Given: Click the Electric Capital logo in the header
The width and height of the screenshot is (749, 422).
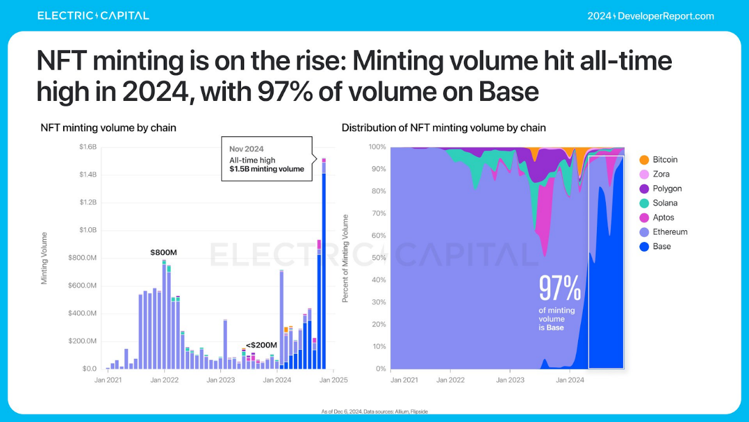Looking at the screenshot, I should coord(93,16).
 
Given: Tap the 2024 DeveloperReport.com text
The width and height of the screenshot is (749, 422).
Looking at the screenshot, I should coord(650,16).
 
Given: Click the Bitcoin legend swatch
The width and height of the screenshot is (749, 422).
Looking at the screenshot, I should coord(644,160).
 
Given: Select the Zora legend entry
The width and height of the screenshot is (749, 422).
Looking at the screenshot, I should coord(655,174).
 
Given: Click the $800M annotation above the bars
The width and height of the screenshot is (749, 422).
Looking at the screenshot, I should coord(163,253).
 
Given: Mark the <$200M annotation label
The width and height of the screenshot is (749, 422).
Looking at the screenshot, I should coord(261,345).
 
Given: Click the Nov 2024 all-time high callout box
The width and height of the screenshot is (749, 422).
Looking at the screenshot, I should coord(266,159).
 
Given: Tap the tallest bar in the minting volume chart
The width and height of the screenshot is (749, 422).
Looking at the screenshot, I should coord(324,266).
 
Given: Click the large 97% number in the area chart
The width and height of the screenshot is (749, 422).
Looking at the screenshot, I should coord(560,289).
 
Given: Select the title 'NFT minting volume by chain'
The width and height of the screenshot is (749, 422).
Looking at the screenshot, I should coord(108,127).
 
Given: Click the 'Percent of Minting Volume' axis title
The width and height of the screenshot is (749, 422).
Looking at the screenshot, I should coord(345,259).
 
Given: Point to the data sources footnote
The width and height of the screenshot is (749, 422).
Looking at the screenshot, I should coord(374,411).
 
